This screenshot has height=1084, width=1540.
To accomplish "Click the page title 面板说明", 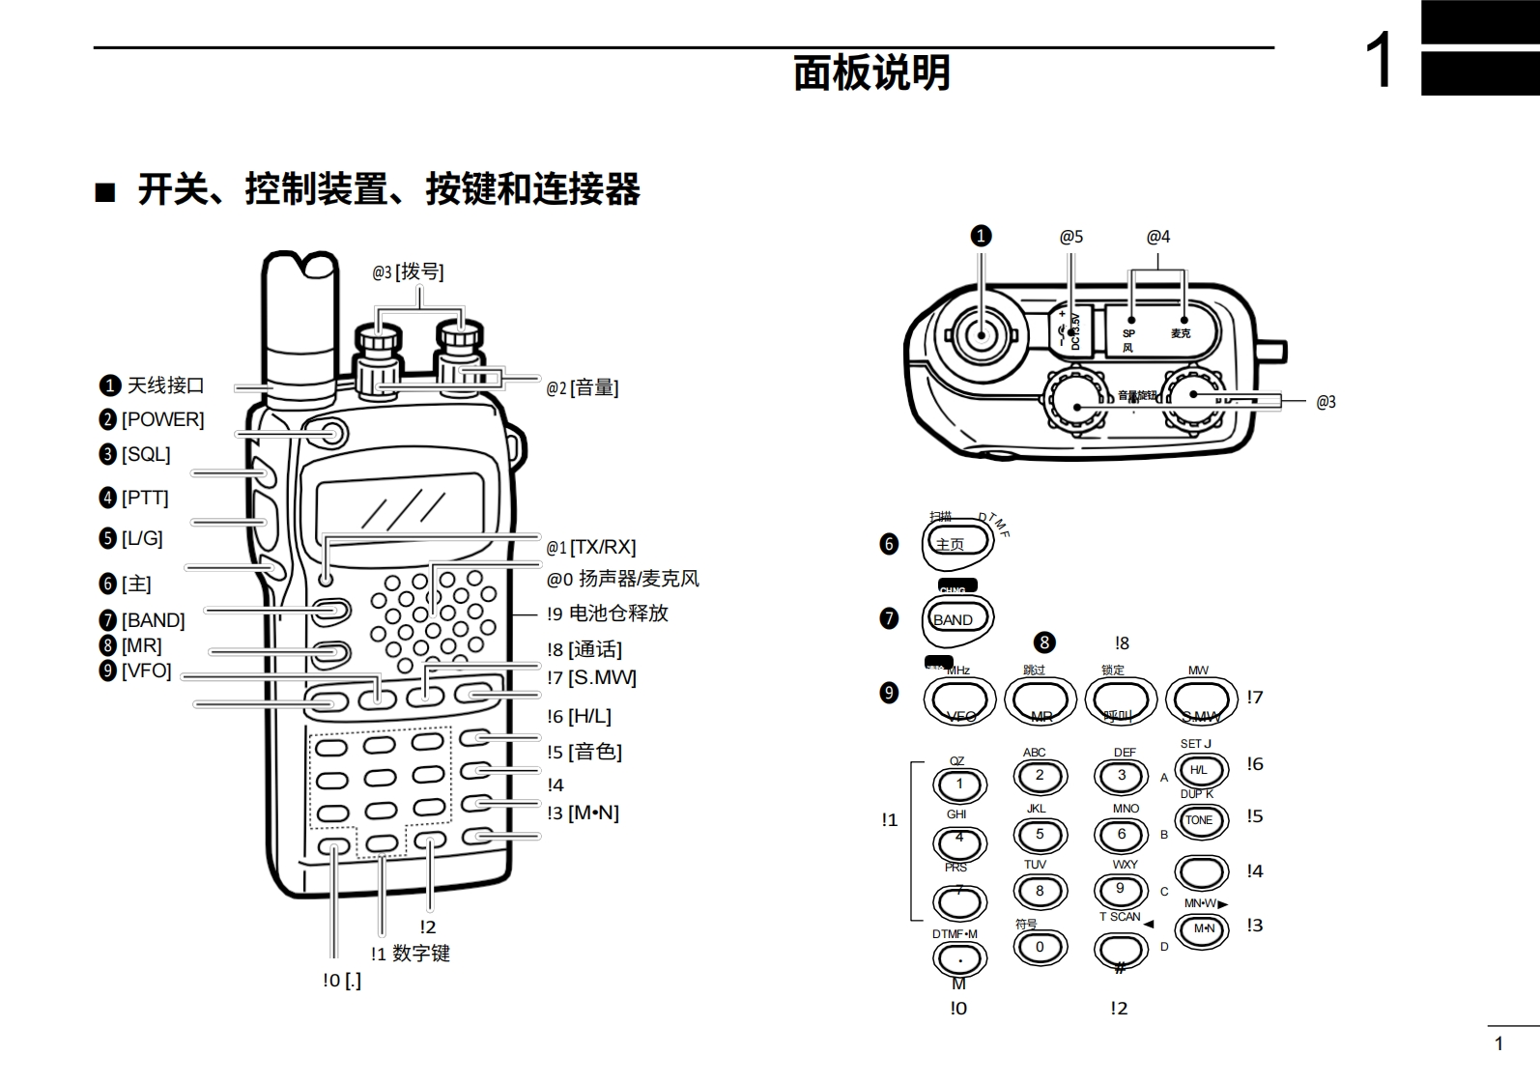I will (x=871, y=73).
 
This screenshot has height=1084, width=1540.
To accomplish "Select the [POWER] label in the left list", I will (x=162, y=419).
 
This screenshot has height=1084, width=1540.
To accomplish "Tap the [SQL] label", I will (x=145, y=454).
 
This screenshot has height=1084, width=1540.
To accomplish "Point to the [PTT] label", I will (x=144, y=498).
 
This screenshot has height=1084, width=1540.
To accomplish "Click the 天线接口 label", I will (x=165, y=385).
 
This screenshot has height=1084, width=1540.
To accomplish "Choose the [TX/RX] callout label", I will (x=602, y=547).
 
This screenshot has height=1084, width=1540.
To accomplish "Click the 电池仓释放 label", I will (x=618, y=613).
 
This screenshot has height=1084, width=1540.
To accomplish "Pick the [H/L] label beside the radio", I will (x=589, y=716).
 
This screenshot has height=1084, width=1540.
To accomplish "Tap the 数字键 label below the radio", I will (x=421, y=954).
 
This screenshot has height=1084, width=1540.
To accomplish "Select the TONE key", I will (x=1200, y=820).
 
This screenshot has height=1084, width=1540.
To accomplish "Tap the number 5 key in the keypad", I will (x=1040, y=835).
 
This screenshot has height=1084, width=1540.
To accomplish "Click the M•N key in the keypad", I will (x=1203, y=929).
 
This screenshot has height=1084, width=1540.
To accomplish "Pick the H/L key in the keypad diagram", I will (x=1200, y=770).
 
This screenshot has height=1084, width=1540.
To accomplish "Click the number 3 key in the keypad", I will (x=1121, y=776).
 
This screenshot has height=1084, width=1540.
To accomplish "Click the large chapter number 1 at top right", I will (x=1379, y=60).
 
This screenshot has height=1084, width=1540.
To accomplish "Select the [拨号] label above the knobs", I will (x=419, y=272).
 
